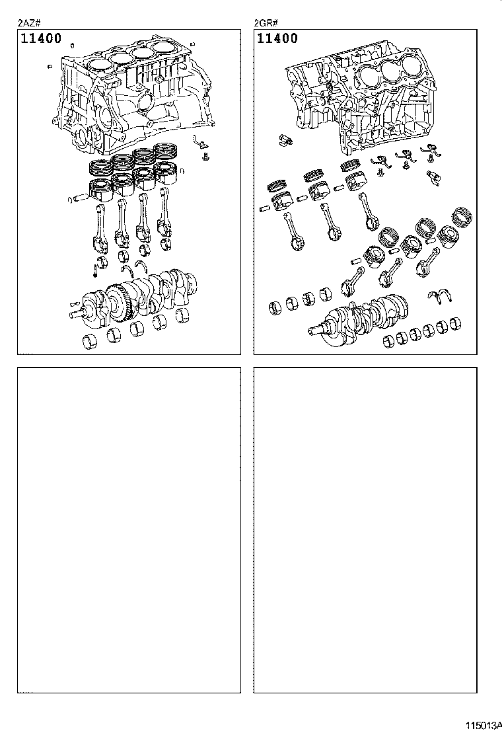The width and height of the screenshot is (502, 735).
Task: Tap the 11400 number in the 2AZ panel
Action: click(41, 38)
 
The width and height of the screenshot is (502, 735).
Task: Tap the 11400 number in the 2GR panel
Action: click(277, 38)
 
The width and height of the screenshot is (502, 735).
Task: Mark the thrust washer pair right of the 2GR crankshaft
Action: click(440, 297)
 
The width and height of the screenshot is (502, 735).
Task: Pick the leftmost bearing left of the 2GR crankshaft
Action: click(275, 307)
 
